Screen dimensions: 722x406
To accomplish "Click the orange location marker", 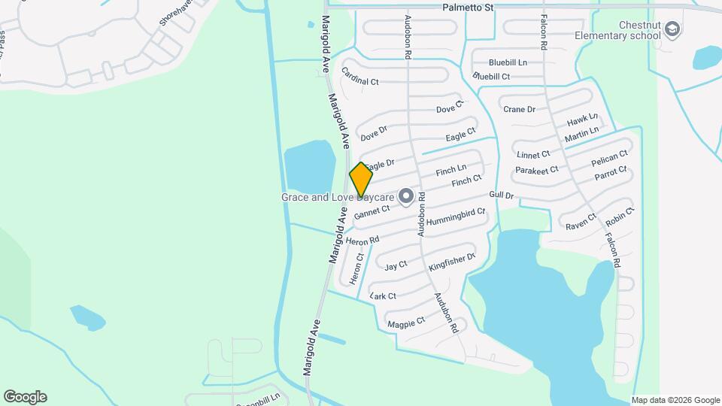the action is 361,179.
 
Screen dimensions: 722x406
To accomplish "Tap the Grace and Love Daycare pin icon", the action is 406,197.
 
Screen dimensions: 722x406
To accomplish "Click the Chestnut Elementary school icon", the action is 672,30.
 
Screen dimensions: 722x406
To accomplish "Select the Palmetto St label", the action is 469,8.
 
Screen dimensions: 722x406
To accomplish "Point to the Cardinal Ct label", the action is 359,75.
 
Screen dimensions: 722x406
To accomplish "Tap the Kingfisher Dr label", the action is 452,262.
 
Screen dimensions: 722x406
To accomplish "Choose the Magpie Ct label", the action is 406,322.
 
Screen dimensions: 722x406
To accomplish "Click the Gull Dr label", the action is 500,195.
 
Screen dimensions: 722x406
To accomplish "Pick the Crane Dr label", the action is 519,109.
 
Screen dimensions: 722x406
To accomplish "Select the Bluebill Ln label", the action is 508,62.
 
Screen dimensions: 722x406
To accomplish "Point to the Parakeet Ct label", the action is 537,170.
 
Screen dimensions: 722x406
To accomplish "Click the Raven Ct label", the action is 581,221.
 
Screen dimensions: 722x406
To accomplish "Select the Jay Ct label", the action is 396,265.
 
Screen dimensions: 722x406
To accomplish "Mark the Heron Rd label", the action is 363,241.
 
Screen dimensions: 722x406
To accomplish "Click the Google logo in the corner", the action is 25,397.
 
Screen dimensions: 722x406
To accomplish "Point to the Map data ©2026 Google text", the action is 675,400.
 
